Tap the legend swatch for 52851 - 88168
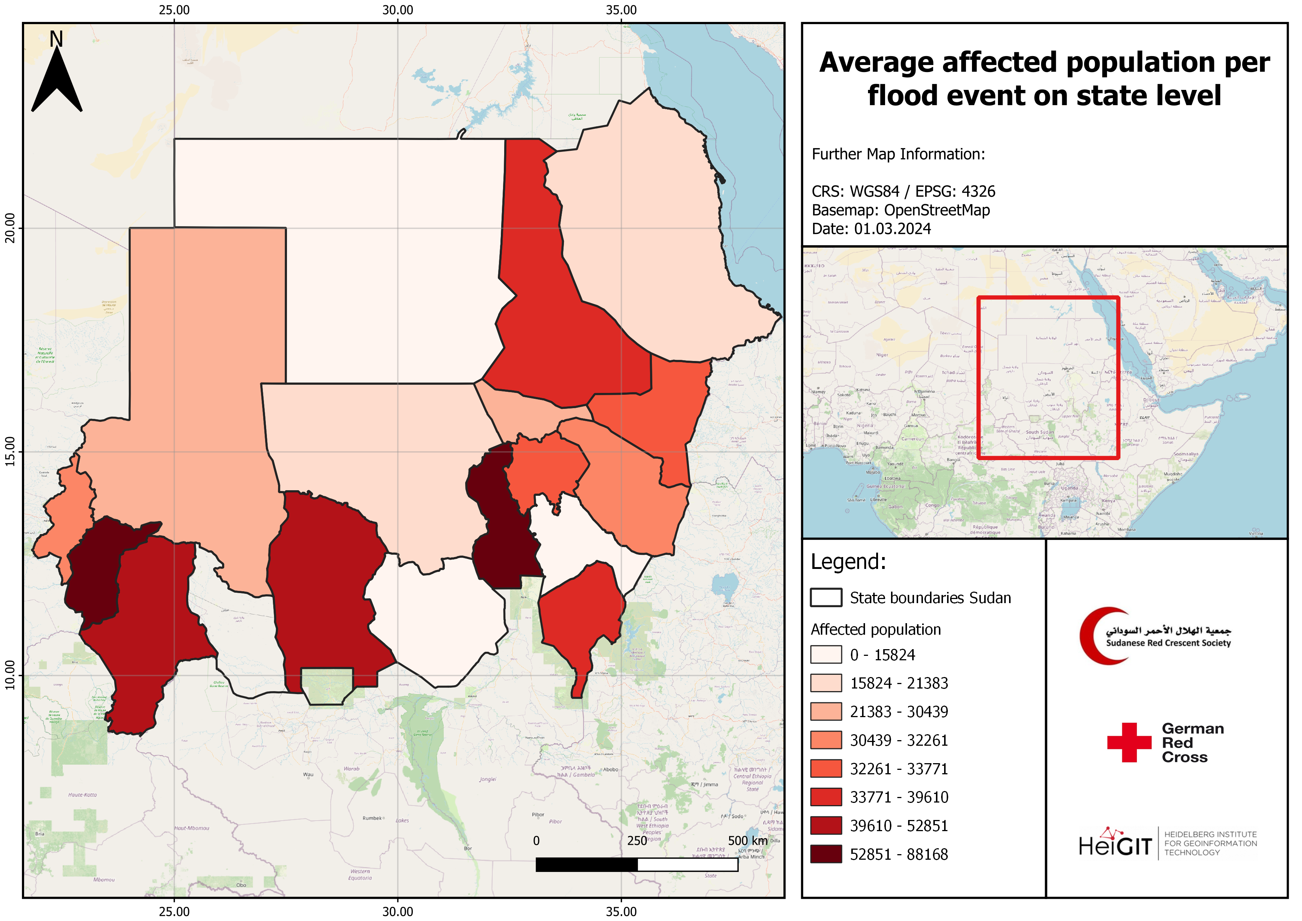(826, 854)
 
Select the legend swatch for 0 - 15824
(826, 654)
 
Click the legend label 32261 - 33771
(899, 769)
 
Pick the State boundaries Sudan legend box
(826, 598)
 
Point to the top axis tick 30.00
(398, 10)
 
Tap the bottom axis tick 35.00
(621, 911)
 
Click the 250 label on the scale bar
(637, 840)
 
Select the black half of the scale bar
(586, 864)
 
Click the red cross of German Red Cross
(1129, 742)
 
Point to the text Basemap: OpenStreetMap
(901, 211)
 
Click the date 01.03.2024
(893, 229)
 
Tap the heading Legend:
(848, 562)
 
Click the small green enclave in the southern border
(327, 686)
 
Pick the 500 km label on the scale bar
(747, 840)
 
